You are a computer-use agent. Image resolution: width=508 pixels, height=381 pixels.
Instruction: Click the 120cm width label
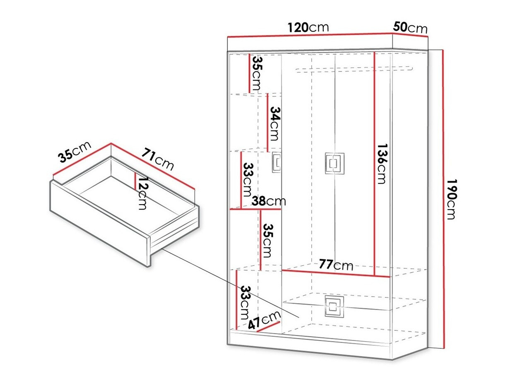[308, 27]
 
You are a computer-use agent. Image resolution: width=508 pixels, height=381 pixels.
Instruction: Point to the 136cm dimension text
[381, 164]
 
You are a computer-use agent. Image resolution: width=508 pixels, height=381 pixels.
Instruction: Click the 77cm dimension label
[335, 265]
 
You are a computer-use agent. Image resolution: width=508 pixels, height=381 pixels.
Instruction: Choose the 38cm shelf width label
[269, 201]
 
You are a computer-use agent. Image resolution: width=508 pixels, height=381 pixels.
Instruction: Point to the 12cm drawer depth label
[142, 193]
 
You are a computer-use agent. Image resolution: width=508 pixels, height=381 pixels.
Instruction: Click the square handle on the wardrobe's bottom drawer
[332, 306]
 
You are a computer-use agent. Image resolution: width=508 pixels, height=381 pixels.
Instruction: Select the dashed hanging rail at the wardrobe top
[354, 69]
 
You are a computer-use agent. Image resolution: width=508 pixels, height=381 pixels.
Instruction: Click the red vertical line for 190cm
[443, 199]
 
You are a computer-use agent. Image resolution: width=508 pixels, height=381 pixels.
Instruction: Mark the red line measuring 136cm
[375, 164]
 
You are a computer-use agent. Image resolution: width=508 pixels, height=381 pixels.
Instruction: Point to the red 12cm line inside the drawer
[135, 181]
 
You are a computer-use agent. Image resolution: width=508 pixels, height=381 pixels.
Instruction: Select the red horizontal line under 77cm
[335, 274]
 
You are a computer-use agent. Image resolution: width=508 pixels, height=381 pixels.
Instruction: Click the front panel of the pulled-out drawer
[99, 224]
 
